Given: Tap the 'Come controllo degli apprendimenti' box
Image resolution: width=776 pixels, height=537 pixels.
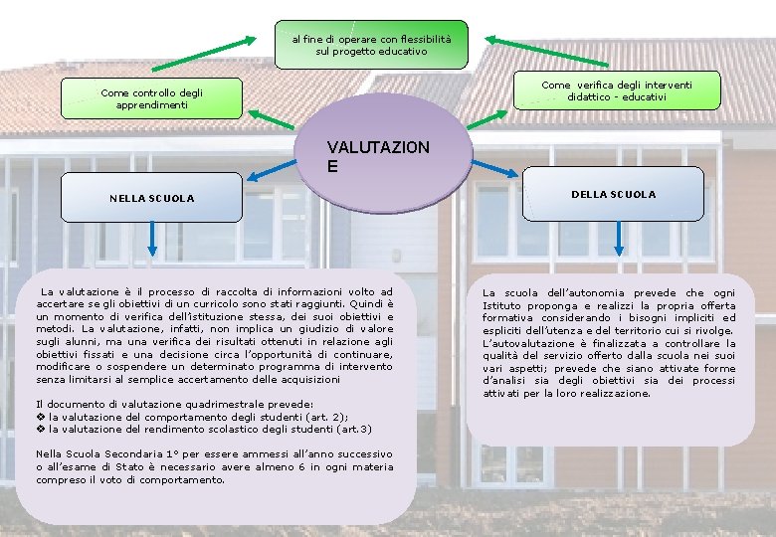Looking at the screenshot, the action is (x=151, y=97).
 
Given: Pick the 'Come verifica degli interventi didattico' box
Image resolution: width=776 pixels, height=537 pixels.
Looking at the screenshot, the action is (x=616, y=91).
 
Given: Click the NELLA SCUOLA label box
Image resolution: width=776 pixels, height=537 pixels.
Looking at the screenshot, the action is (x=151, y=198).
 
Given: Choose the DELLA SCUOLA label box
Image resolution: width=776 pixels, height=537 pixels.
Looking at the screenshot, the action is (x=614, y=194).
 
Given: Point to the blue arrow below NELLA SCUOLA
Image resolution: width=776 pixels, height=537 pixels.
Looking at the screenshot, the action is (x=151, y=238).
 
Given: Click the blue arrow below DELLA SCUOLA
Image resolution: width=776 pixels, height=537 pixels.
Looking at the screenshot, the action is (x=619, y=237).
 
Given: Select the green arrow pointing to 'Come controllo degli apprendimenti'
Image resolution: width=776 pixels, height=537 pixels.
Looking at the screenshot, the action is (x=270, y=118).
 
